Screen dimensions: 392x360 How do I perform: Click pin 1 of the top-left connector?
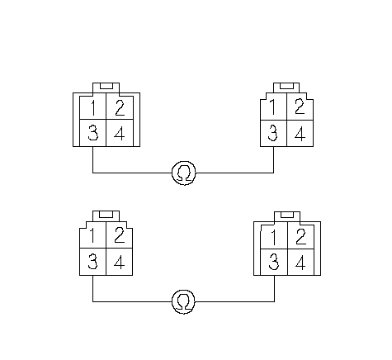[92, 107]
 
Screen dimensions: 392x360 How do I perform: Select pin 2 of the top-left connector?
[120, 107]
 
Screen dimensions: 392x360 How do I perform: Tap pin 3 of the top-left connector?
[92, 133]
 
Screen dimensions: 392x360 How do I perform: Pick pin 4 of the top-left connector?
[120, 133]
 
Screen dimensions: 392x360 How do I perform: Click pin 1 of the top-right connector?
[273, 107]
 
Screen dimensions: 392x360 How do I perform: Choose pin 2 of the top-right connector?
[300, 107]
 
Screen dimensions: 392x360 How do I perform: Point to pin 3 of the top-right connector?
[273, 133]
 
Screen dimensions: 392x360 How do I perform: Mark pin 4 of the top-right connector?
[300, 133]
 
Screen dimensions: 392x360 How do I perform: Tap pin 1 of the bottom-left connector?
[92, 235]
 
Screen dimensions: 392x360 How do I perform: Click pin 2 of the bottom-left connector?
[120, 235]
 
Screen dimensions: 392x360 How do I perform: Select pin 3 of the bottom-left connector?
[92, 262]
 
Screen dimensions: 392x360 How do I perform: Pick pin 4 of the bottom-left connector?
[120, 262]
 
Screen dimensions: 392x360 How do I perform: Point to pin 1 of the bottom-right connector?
[274, 237]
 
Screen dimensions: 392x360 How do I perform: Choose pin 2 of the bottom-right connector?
[301, 237]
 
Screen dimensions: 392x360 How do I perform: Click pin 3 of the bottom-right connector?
[274, 263]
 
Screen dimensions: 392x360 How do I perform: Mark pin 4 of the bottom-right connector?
[301, 263]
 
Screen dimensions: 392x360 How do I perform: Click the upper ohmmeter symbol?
[184, 173]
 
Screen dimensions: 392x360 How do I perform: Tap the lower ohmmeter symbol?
[183, 301]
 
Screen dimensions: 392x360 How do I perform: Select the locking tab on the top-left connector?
[106, 88]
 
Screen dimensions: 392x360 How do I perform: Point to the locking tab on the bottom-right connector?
[287, 216]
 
